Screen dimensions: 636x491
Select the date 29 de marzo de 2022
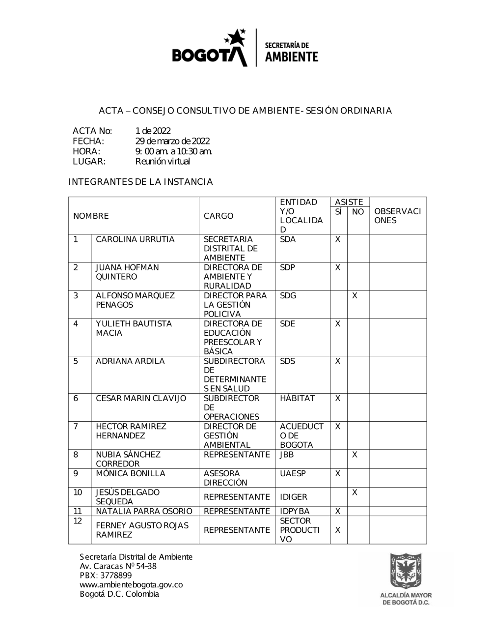172,141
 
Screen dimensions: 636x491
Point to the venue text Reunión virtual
163,161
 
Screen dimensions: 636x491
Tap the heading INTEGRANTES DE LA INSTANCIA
140,182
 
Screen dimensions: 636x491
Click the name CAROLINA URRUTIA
135,240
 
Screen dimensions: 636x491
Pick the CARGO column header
218,216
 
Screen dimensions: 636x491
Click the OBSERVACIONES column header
397,216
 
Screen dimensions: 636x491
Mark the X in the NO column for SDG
355,296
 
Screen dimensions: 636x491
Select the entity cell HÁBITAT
297,399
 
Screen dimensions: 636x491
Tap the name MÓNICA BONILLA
131,474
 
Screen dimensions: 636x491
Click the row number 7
76,427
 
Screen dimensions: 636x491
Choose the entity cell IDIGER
294,497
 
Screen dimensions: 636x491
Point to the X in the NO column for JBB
355,455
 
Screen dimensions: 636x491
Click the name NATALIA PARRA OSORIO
144,511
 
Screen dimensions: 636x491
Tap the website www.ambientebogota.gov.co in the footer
131,585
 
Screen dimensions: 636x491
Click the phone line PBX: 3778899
106,576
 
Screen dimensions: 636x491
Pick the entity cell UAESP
293,474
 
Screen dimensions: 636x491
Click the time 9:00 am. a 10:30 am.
173,151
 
